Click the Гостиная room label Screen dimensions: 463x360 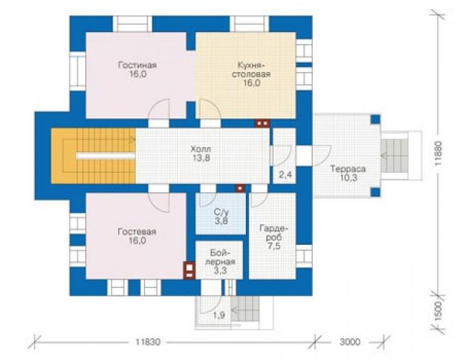pyautogui.click(x=137, y=69)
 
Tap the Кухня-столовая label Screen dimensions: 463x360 pyautogui.click(x=252, y=74)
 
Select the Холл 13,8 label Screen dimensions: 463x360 pyautogui.click(x=201, y=153)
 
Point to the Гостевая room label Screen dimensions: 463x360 pyautogui.click(x=137, y=236)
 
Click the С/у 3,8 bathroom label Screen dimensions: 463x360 pyautogui.click(x=221, y=217)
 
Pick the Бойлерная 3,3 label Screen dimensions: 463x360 pyautogui.click(x=220, y=262)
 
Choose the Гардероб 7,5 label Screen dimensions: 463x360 pyautogui.click(x=273, y=237)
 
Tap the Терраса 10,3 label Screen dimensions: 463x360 pyautogui.click(x=348, y=173)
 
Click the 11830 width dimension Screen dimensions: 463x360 pyautogui.click(x=148, y=342)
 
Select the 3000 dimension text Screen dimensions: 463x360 pyautogui.click(x=350, y=342)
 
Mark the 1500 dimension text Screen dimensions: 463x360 pyautogui.click(x=439, y=311)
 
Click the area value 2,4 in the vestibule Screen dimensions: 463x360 pyautogui.click(x=285, y=175)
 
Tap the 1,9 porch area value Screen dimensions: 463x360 pyautogui.click(x=219, y=316)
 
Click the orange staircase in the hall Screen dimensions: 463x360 pyautogui.click(x=93, y=156)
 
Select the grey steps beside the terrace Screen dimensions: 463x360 pyautogui.click(x=395, y=156)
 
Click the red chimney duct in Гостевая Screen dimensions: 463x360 pyautogui.click(x=189, y=270)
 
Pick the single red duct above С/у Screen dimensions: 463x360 pyautogui.click(x=240, y=188)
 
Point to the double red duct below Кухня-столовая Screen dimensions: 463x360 pyautogui.click(x=262, y=123)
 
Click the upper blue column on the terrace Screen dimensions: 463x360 pyautogui.click(x=375, y=120)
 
